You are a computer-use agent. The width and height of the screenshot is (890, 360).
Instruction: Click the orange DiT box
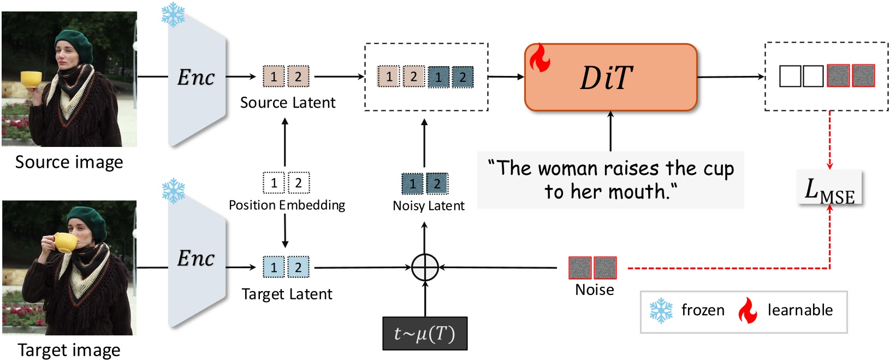pos(610,78)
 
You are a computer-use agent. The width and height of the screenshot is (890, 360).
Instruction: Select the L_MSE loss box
pos(829,187)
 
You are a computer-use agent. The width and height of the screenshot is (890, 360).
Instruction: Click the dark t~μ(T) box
pos(425,333)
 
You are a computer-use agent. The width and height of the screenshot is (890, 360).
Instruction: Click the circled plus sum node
pos(425,268)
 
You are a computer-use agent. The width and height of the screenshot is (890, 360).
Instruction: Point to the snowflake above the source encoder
pos(173,15)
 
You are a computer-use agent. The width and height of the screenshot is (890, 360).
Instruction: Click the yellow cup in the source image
pos(32,79)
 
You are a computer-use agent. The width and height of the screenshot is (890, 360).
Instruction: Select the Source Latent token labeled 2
pos(298,76)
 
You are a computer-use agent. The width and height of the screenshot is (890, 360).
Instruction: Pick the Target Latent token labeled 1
pos(274,268)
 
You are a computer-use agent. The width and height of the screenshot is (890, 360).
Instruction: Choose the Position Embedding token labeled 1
pos(274,183)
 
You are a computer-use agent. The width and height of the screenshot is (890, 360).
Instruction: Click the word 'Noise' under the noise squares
pos(594,290)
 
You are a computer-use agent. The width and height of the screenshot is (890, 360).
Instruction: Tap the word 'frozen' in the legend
pos(703,310)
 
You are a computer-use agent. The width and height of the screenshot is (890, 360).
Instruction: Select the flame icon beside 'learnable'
pos(747,310)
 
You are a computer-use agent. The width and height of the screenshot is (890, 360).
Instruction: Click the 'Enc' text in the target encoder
pos(196,258)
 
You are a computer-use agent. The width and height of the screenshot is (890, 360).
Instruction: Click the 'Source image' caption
pos(69,162)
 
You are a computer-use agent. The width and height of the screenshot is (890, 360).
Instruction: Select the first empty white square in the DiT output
pos(790,76)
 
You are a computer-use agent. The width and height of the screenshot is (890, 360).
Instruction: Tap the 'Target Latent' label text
pos(287,294)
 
